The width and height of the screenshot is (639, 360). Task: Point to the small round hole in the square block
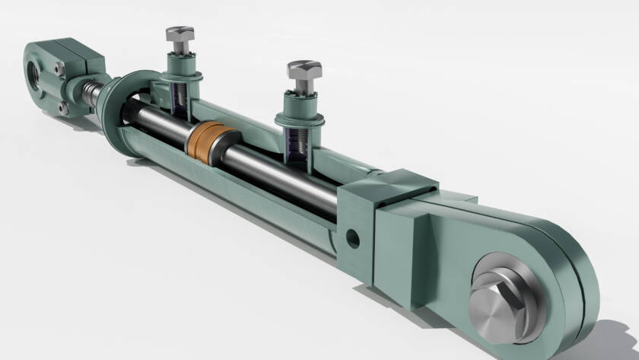pos(352,239)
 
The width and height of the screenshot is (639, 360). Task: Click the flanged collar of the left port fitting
pos(181,75)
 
